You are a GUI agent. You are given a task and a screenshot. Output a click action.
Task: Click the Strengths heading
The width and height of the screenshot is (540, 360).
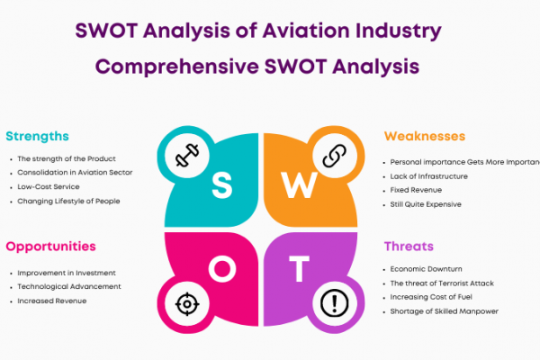37,137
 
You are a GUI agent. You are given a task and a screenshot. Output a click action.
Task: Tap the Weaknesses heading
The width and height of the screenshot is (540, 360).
425,136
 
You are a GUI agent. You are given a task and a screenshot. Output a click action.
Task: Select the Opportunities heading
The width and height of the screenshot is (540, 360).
50,247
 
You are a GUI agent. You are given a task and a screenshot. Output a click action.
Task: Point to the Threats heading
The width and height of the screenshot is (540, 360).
409,247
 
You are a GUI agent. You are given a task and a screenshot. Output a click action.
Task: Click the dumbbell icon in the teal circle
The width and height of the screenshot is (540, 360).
187,155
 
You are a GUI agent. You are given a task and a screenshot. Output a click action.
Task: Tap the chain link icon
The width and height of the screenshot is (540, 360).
335,156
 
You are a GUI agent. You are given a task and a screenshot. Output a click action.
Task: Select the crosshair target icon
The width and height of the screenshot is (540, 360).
187,304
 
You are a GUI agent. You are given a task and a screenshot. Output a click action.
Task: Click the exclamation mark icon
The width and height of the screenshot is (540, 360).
335,303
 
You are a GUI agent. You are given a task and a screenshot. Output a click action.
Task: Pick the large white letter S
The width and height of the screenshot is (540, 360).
221,185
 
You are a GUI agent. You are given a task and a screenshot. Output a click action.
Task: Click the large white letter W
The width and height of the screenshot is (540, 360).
299,185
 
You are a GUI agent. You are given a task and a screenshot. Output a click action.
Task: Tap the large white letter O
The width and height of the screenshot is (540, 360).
222,269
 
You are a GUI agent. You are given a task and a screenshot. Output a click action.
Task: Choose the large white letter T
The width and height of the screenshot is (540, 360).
299,269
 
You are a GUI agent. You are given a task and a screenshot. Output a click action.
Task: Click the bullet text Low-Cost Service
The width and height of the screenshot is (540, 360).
49,186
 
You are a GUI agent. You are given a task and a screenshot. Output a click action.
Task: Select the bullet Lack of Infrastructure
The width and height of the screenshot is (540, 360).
428,176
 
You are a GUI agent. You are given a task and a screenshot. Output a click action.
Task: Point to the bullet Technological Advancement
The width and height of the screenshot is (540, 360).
69,286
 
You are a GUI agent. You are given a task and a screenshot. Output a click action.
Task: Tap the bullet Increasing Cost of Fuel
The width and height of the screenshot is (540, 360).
431,297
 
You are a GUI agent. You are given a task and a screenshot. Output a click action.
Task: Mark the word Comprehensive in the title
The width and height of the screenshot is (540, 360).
177,67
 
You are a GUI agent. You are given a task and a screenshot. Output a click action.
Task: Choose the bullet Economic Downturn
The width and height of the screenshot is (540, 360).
426,269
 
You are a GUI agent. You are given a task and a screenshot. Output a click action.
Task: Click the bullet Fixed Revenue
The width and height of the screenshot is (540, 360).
416,190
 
